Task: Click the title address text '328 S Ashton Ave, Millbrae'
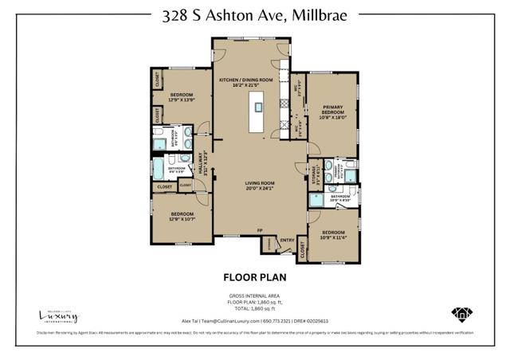[x=254, y=15]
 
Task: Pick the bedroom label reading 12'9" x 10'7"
[x=182, y=217]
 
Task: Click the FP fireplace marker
[x=260, y=231]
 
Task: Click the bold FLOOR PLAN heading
[x=254, y=278]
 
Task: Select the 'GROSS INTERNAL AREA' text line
[x=254, y=296]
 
